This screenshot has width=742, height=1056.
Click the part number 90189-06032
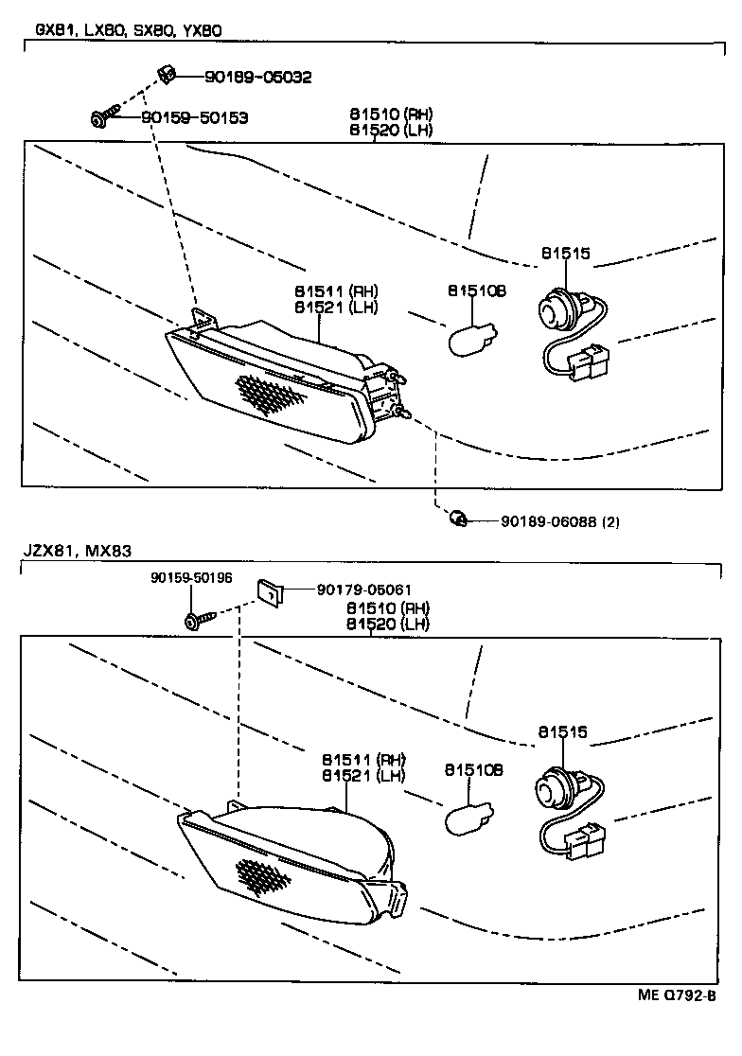(x=257, y=78)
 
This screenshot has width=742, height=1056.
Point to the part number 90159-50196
(x=191, y=578)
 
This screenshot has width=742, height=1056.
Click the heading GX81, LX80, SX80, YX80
(x=128, y=30)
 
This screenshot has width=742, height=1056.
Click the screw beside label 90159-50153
(x=104, y=116)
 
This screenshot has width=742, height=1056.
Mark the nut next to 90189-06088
(x=457, y=518)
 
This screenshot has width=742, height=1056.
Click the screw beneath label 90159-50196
(x=199, y=620)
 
